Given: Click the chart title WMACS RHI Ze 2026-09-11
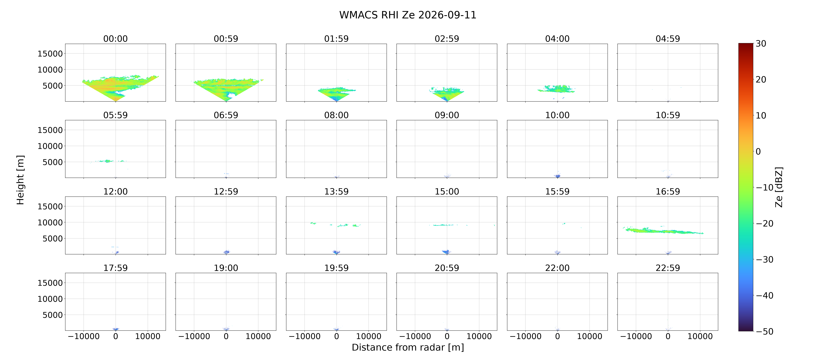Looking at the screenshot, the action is (408, 15).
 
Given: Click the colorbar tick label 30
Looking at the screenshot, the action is (761, 44).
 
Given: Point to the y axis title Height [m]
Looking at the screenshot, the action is (20, 180).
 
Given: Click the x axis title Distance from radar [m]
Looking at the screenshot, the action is (408, 347).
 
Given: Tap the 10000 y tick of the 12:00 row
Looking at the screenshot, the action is (50, 222).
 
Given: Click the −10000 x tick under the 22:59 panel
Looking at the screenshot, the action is (636, 336).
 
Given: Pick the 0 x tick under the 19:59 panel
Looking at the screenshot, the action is (336, 336).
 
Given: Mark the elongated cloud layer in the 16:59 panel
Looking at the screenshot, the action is (664, 231).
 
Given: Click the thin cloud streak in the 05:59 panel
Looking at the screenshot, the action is (108, 161).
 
